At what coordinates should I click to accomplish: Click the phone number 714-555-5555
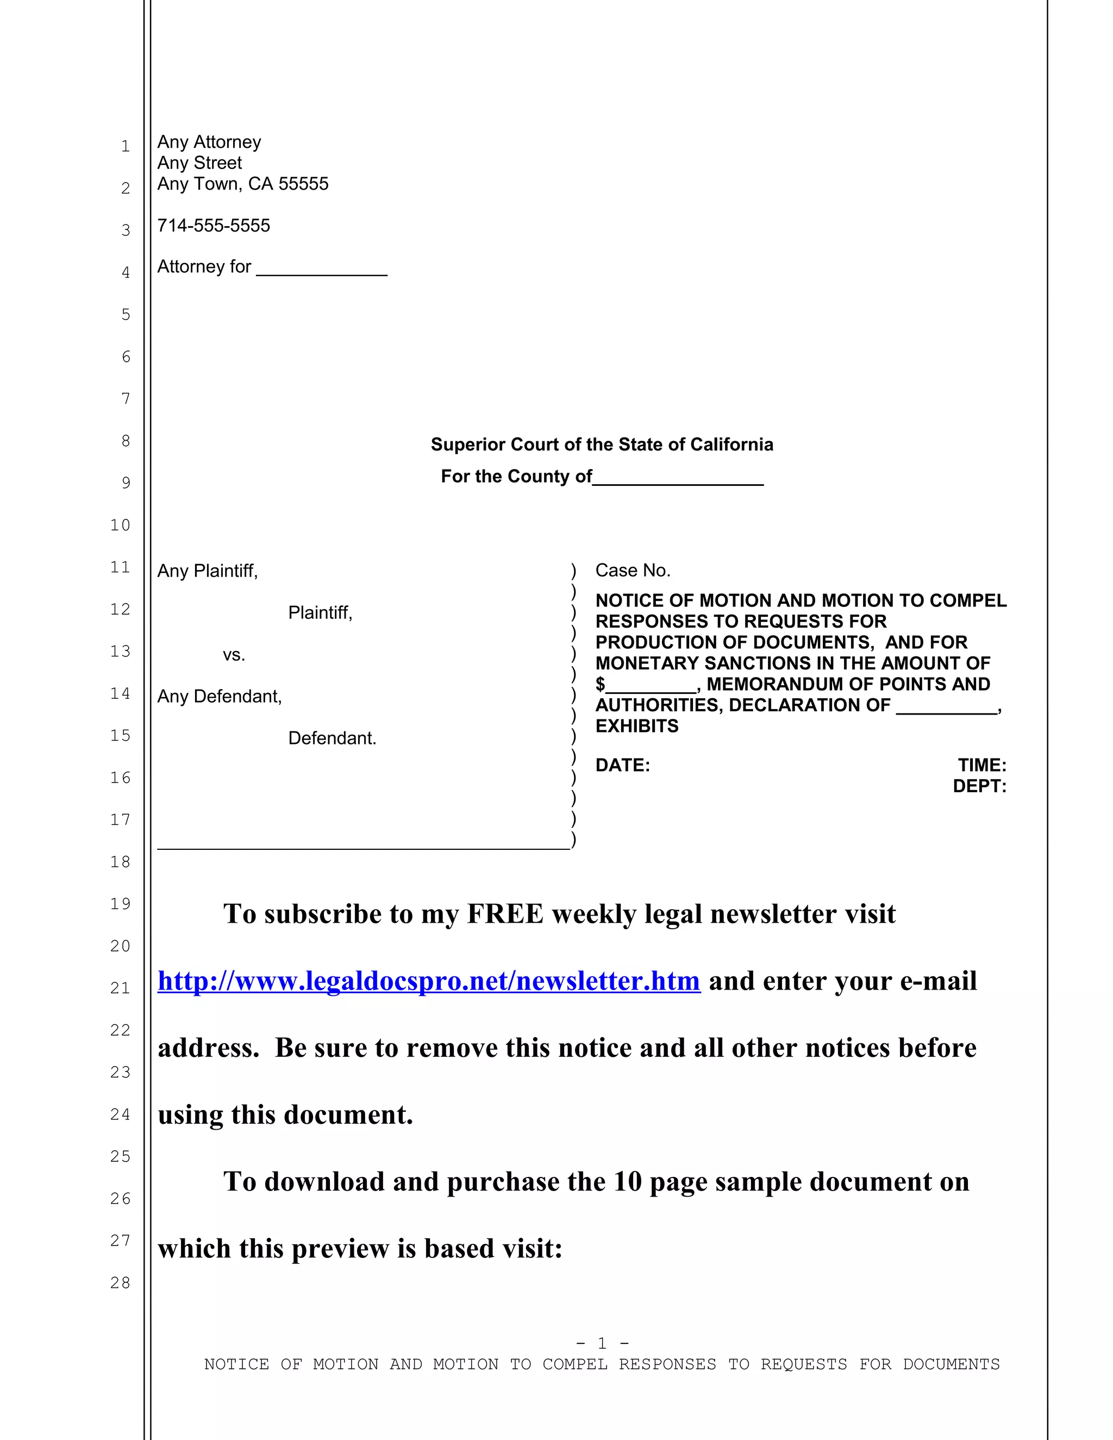[213, 226]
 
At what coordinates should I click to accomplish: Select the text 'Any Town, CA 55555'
[242, 184]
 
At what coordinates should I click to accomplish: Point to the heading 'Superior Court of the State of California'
[602, 444]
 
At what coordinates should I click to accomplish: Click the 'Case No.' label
[633, 571]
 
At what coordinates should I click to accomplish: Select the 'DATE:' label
[622, 765]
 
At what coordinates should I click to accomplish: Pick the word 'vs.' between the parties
[233, 655]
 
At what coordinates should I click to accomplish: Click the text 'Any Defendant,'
[219, 696]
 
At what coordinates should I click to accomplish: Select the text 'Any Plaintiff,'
[207, 571]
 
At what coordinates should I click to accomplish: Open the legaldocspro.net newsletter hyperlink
[429, 981]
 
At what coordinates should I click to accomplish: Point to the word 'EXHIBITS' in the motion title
[636, 726]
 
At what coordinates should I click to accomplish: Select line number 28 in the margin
[120, 1282]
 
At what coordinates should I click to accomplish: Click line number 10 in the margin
[120, 525]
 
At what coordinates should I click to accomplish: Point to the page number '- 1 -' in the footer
[602, 1343]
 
